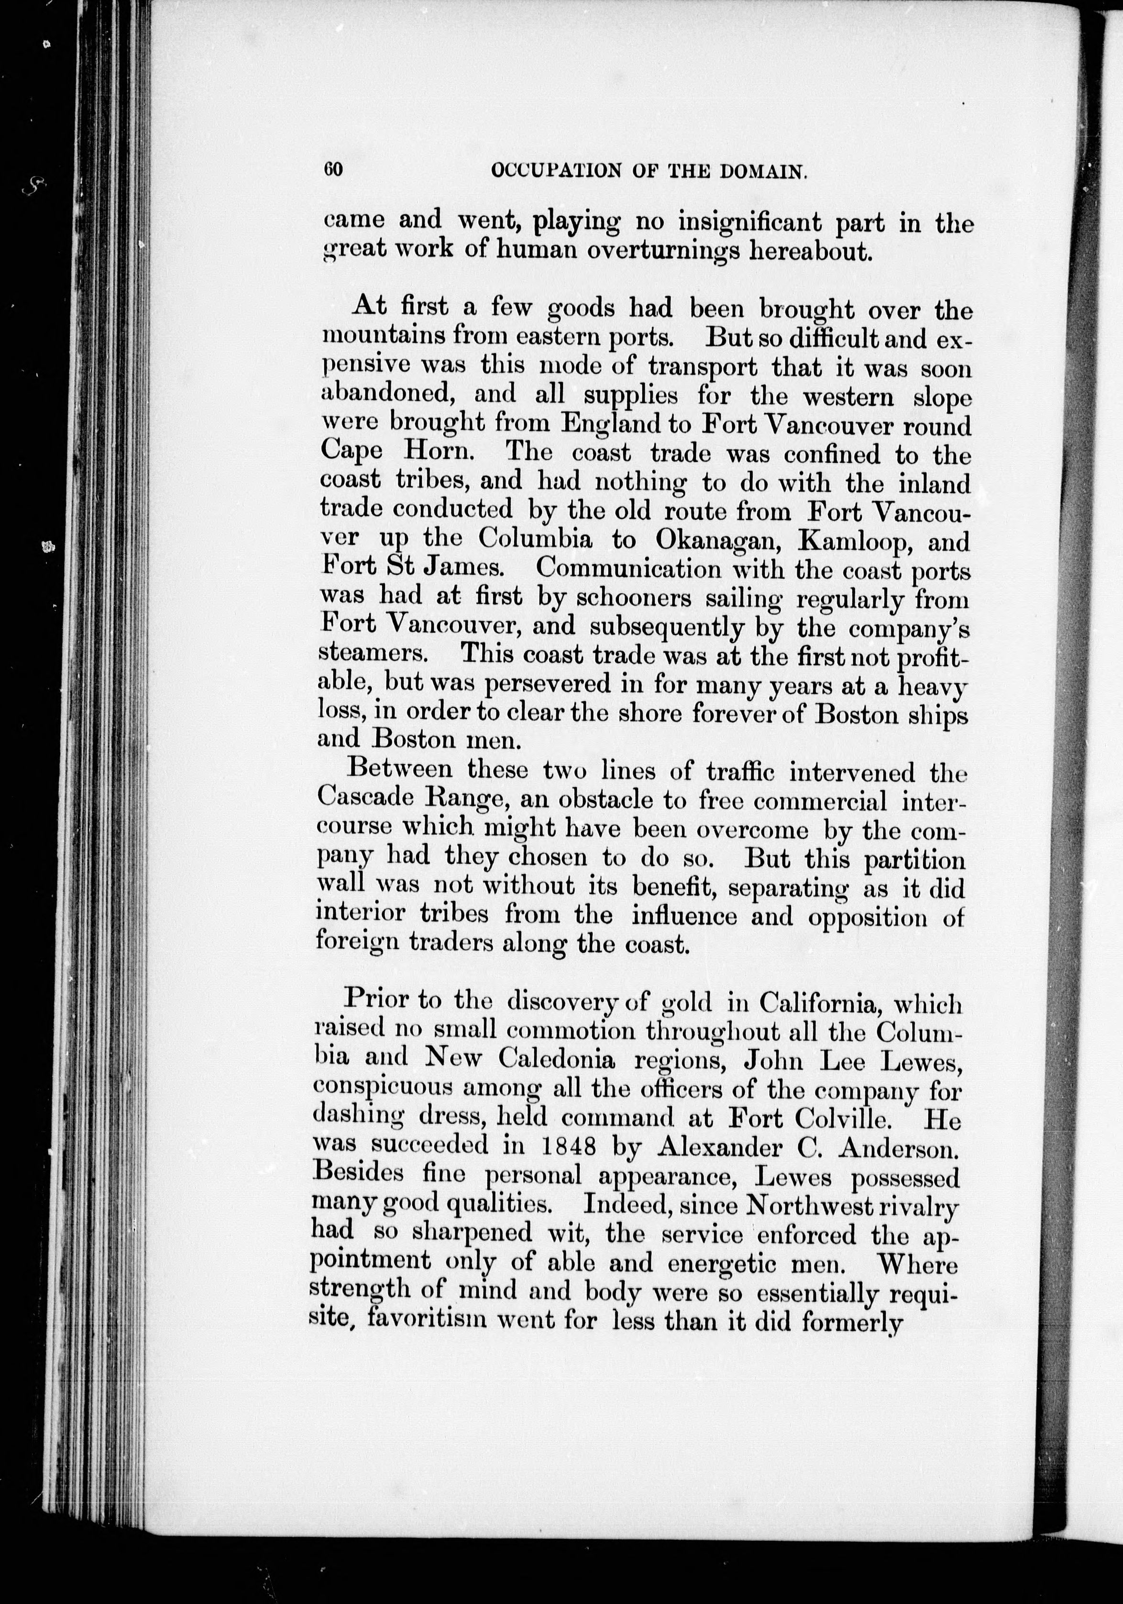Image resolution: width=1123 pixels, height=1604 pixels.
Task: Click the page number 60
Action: click(333, 170)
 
